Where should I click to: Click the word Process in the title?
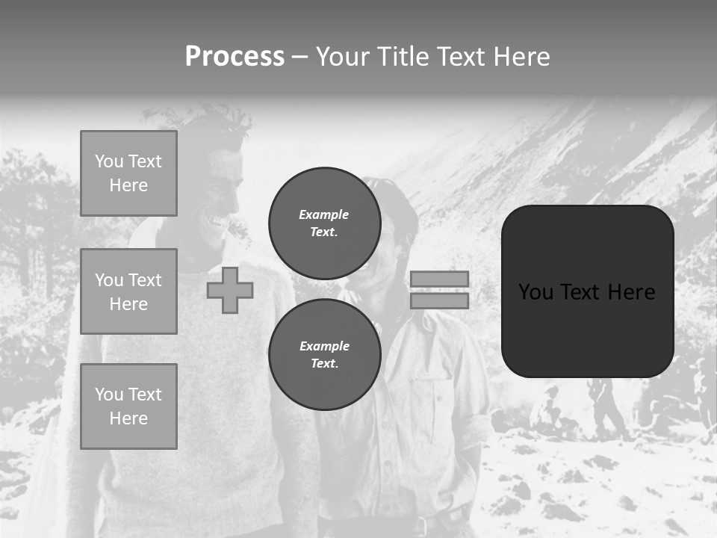(x=235, y=57)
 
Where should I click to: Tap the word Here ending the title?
(x=518, y=57)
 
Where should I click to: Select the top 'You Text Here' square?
(x=128, y=173)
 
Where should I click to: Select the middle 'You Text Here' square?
(x=128, y=291)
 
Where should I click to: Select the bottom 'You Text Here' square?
(x=128, y=406)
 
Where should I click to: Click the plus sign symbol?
(x=230, y=290)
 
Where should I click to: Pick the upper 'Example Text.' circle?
(x=324, y=223)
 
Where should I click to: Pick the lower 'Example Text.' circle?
(x=324, y=355)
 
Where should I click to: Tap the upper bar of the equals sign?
(x=439, y=279)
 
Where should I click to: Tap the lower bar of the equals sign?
(x=439, y=300)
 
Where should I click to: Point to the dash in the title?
(x=300, y=57)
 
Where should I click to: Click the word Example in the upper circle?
(x=323, y=214)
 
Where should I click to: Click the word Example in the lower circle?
(x=324, y=346)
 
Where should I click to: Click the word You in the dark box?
(x=536, y=292)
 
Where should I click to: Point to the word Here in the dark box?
(x=631, y=292)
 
